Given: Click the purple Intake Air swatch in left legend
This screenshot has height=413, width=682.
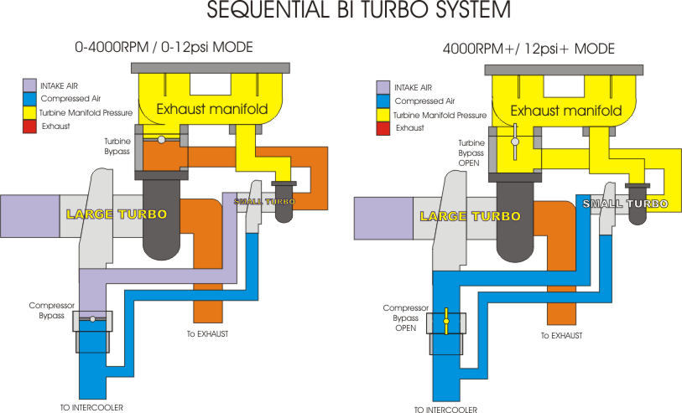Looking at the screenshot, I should (29, 85).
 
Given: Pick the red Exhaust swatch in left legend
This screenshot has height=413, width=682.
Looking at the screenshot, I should (29, 126).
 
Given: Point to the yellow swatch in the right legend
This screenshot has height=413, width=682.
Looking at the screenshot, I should (383, 115).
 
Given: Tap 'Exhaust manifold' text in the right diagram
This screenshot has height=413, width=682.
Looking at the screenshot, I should (565, 110).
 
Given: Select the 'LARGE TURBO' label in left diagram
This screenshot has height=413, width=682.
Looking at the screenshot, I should (117, 214).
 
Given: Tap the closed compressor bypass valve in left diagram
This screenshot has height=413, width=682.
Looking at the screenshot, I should (92, 319).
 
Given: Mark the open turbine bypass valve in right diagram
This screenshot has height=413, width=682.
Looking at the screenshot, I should (515, 142).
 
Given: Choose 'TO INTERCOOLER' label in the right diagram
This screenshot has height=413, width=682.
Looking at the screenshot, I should (445, 410).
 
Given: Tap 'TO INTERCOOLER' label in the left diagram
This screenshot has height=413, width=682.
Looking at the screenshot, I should (93, 407).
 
